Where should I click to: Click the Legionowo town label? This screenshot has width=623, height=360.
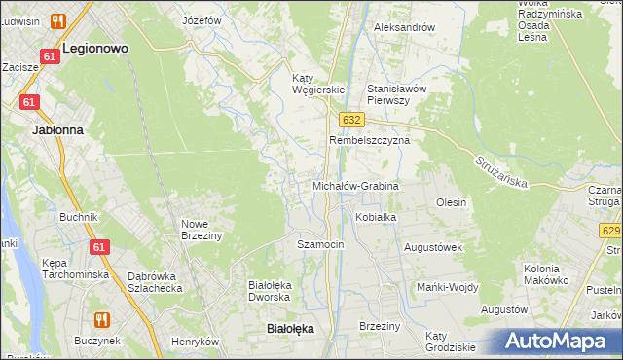(x=95, y=47)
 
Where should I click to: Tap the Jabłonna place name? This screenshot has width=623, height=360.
(x=57, y=128)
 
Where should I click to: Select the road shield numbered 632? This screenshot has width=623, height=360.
(x=351, y=119)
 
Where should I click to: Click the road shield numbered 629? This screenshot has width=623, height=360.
(x=611, y=231)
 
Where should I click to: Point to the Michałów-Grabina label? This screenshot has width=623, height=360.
(x=355, y=185)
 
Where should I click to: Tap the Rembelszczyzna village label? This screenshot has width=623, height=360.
(x=369, y=140)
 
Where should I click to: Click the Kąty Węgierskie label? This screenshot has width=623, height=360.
(x=319, y=84)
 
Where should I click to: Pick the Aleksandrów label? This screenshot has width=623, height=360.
(x=404, y=27)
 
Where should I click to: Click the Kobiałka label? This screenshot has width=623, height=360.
(x=376, y=217)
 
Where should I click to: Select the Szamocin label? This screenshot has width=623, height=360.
(x=320, y=244)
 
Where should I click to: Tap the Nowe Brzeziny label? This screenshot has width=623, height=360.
(x=202, y=230)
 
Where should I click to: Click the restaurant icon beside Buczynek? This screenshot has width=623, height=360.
(x=101, y=319)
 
